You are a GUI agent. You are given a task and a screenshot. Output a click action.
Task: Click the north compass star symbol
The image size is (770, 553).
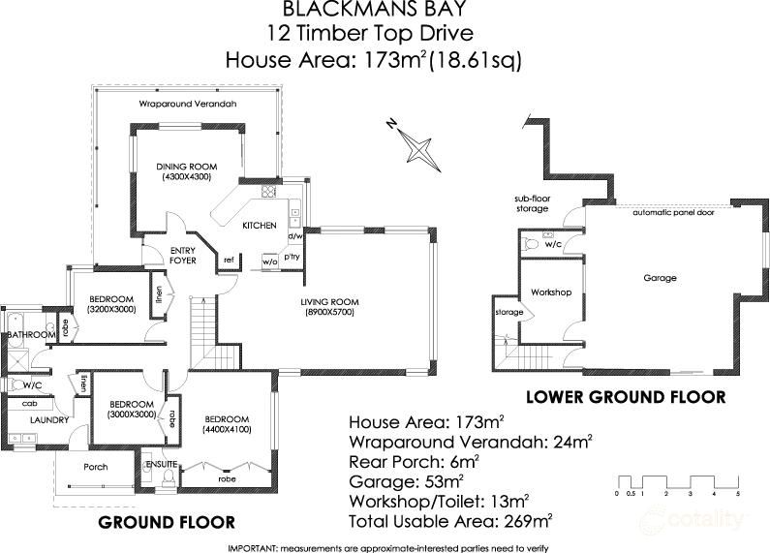click(x=417, y=147)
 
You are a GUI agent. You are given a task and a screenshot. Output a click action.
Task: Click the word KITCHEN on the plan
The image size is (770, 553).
click(x=260, y=226)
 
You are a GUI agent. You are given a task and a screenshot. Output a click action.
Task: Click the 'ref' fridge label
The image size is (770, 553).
click(x=229, y=260)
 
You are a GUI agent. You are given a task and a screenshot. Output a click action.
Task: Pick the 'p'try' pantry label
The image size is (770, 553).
click(x=293, y=257)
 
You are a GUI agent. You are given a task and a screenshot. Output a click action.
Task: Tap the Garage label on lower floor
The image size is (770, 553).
click(x=660, y=278)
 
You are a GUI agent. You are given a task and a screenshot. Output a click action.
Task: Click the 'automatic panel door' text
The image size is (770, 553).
click(x=674, y=212)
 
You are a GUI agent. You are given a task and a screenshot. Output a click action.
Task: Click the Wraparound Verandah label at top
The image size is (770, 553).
click(x=187, y=103)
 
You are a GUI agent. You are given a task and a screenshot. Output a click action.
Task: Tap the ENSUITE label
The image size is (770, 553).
click(x=157, y=464)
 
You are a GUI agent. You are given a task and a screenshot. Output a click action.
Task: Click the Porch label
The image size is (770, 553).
click(x=96, y=467)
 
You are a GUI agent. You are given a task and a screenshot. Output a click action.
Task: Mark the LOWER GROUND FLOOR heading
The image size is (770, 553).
click(x=625, y=397)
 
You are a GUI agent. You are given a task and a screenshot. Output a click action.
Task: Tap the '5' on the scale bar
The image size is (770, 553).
click(x=738, y=494)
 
